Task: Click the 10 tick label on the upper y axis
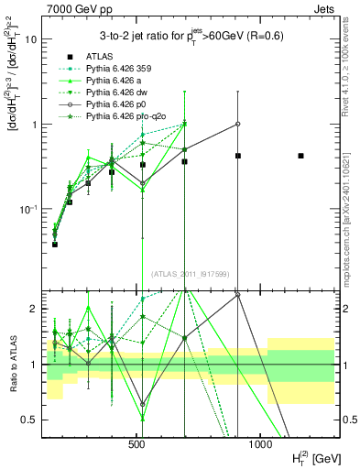(32, 40)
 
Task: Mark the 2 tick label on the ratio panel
(35, 310)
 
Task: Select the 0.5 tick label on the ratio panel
(31, 420)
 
